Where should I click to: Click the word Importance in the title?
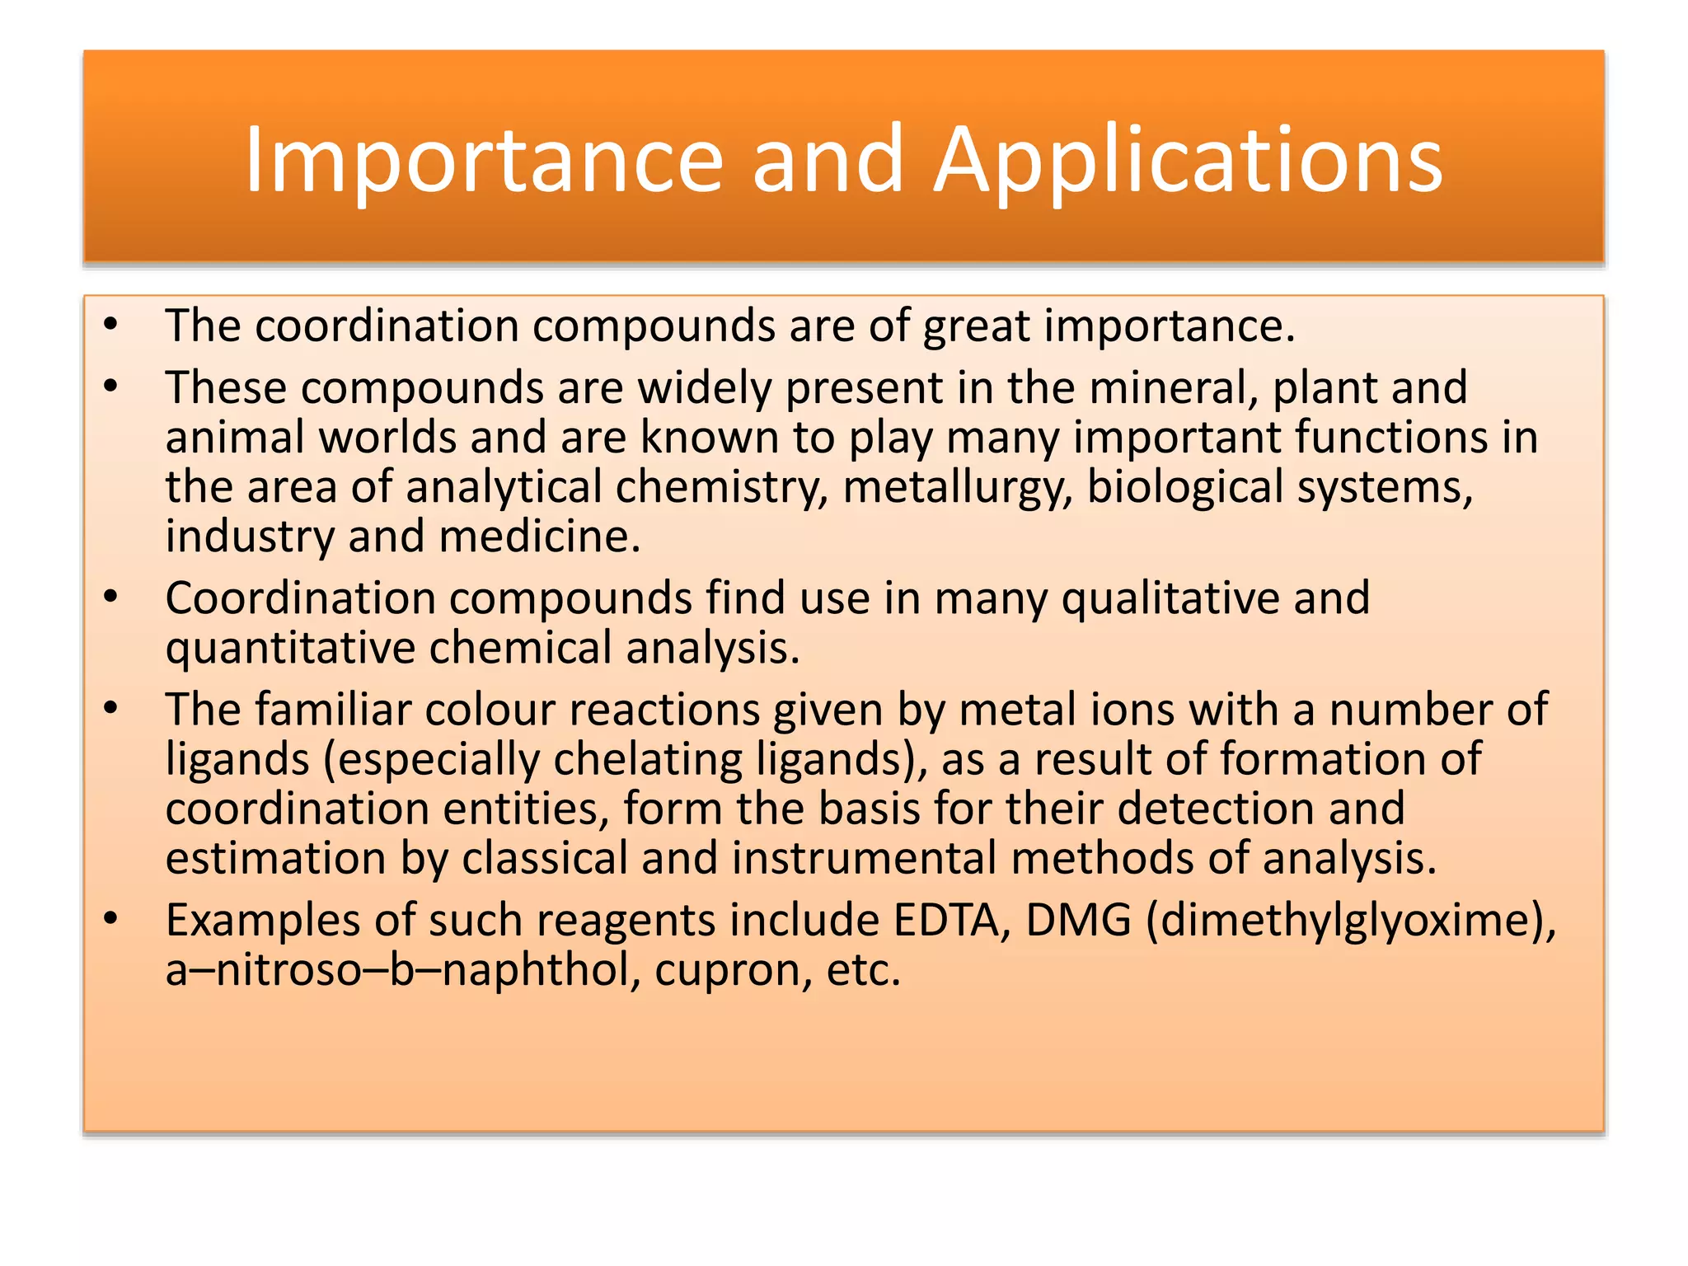click(484, 161)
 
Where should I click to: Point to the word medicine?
click(539, 537)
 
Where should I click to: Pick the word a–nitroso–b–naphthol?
click(403, 971)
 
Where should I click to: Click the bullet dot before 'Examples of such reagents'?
click(111, 918)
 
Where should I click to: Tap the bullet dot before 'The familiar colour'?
click(111, 708)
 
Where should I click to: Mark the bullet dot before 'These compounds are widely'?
click(111, 386)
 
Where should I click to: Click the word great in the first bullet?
click(976, 326)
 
